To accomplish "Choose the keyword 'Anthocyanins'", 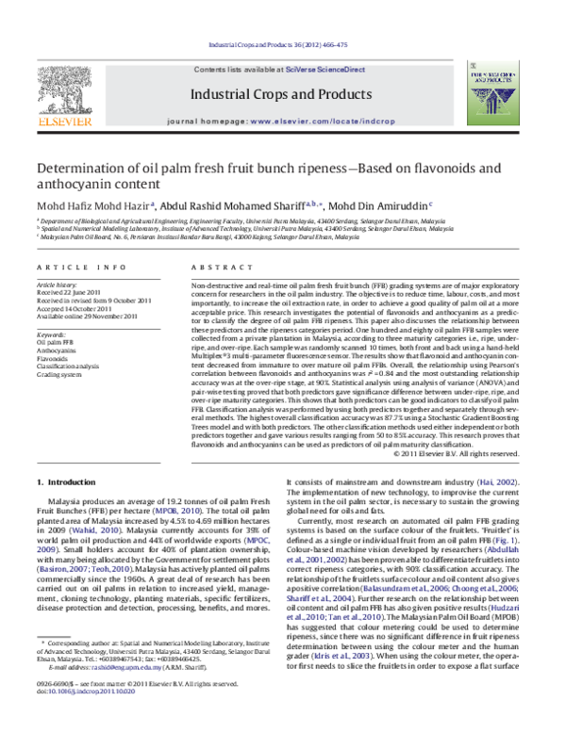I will (58, 350).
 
